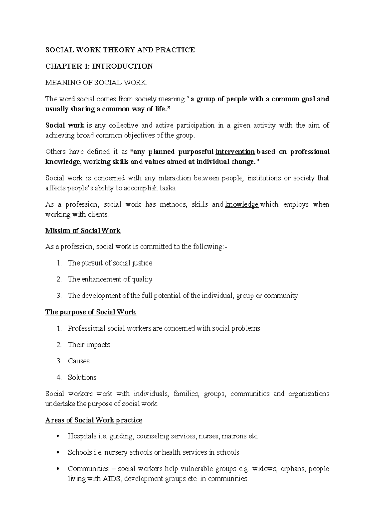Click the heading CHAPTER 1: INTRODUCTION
coord(99,66)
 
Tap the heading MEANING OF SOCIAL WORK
coord(96,83)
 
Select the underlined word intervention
coord(235,152)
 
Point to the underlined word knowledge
coord(242,204)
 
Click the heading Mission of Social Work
coord(83,231)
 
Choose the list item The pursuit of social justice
coord(110,263)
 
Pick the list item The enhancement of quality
coord(110,279)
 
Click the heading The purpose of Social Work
coord(91,312)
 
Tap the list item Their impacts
coord(89,345)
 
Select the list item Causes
coord(78,361)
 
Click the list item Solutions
coord(82,377)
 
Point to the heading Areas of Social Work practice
coord(94,420)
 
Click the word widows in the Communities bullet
coord(264,469)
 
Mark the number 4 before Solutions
coord(59,377)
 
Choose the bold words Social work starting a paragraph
coord(65,126)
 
